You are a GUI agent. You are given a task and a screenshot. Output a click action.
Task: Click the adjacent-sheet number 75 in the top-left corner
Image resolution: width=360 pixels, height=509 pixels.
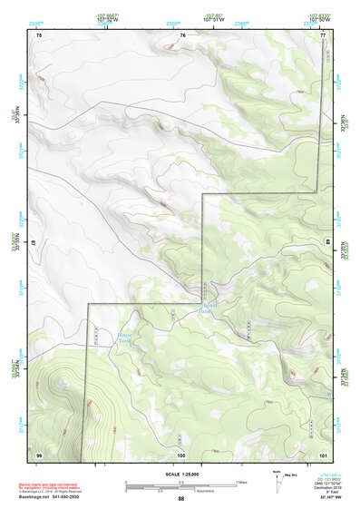pos(39,35)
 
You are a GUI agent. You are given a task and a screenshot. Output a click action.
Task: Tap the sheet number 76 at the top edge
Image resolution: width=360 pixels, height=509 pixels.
pos(182,35)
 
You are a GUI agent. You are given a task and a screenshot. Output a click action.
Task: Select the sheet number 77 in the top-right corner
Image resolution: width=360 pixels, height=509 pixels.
pos(323,35)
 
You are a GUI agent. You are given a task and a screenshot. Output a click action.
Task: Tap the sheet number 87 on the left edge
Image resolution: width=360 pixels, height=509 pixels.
pos(34,243)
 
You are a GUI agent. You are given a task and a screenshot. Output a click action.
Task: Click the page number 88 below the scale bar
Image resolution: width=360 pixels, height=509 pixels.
pos(181,499)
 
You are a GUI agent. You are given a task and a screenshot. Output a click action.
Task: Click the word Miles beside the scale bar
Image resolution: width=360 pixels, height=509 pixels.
pos(241,481)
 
